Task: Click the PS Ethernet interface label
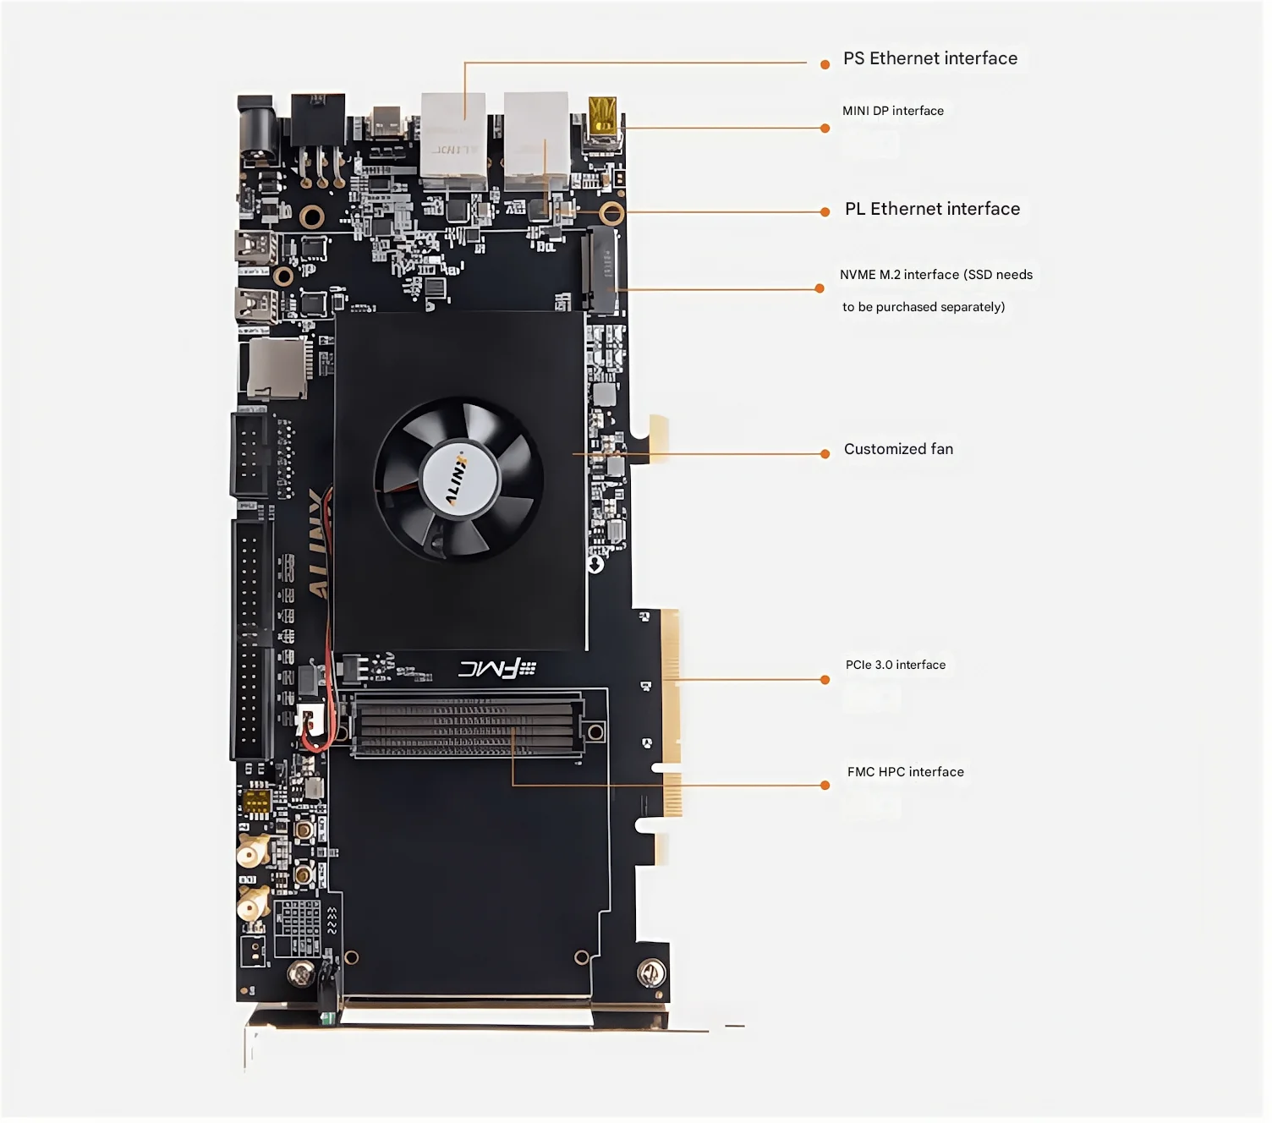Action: (929, 58)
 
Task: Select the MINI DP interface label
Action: (892, 111)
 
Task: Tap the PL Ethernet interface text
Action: (932, 209)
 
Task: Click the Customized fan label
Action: (898, 449)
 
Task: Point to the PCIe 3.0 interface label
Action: (895, 665)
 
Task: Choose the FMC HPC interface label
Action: (905, 772)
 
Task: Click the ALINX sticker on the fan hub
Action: (460, 479)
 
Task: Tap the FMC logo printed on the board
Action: (496, 670)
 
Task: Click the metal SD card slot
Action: (277, 369)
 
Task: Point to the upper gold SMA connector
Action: (251, 853)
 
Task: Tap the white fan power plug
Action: (310, 720)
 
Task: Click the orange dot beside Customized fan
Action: (825, 454)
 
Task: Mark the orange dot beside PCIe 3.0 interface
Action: (825, 680)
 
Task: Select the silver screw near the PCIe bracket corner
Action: (650, 973)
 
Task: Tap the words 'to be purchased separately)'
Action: (923, 307)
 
